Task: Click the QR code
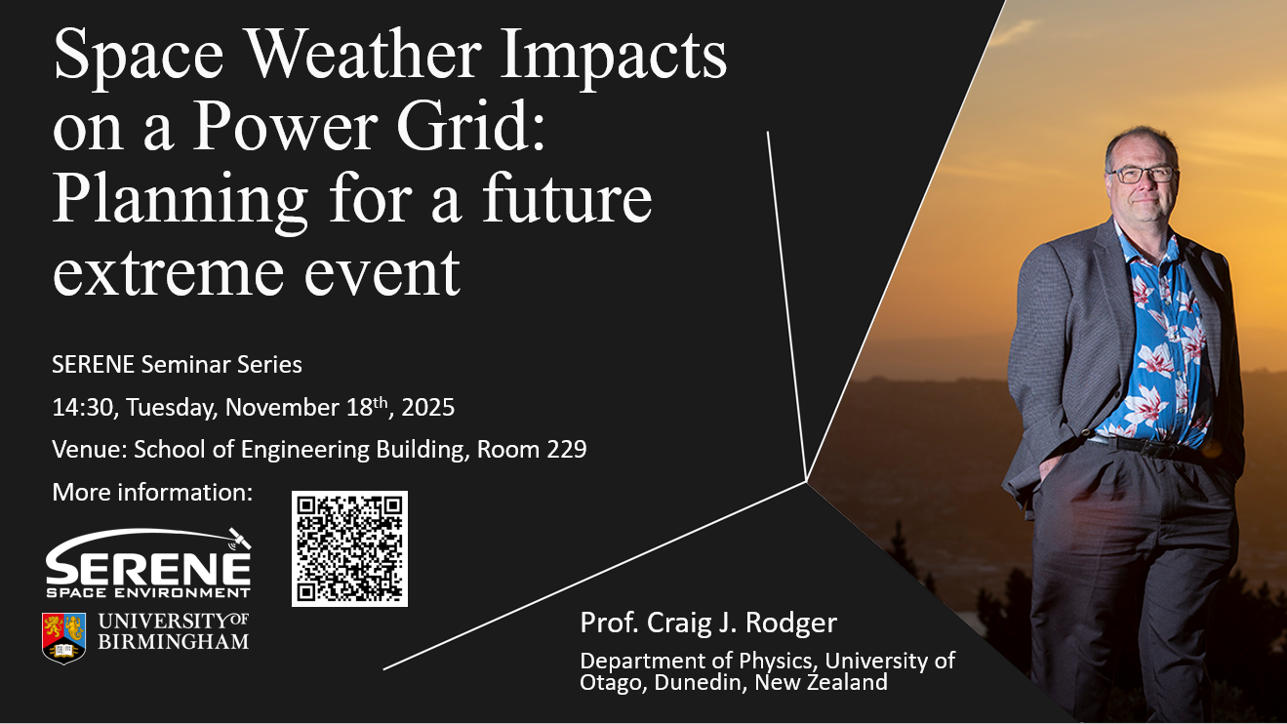(349, 548)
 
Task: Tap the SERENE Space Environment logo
(148, 563)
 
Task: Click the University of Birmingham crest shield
(63, 638)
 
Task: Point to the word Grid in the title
(470, 125)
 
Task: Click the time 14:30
(85, 408)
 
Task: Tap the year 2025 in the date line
(427, 408)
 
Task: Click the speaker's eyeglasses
(1143, 174)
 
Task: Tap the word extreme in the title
(169, 271)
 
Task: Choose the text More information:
(152, 493)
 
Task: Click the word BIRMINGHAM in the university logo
(174, 642)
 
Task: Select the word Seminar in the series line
(185, 365)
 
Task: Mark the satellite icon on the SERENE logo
(240, 539)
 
